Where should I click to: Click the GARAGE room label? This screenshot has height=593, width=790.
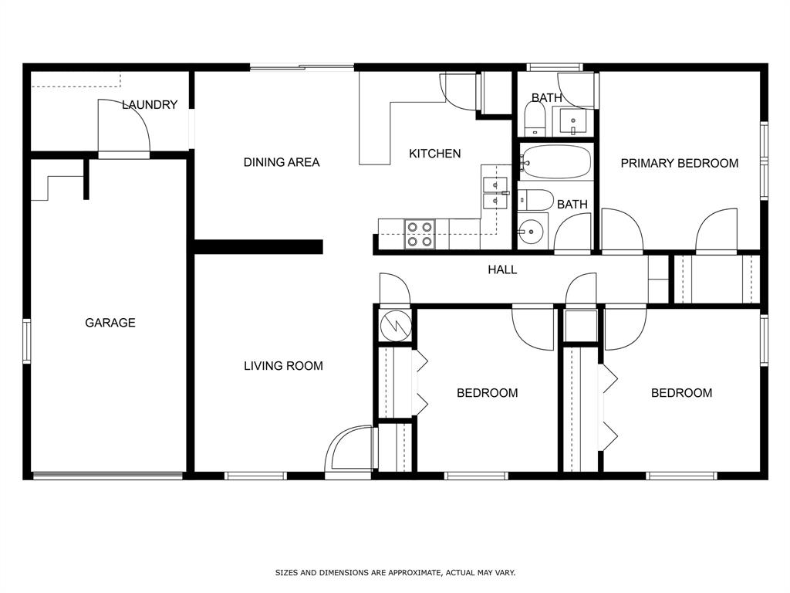110,323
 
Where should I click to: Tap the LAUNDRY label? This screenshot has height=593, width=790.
150,105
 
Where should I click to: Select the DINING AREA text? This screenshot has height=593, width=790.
281,162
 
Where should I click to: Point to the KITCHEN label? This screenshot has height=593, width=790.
434,154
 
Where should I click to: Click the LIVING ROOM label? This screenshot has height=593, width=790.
283,366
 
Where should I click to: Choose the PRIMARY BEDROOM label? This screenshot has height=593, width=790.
679,163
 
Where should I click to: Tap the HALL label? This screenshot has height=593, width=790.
501,269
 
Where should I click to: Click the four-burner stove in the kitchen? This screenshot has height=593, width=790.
420,234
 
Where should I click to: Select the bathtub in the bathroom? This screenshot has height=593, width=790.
556,162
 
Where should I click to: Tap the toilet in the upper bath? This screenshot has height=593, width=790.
535,118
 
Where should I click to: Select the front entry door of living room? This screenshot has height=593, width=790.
349,452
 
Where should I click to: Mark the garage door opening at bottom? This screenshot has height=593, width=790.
108,476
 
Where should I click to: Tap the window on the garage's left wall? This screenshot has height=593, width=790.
27,341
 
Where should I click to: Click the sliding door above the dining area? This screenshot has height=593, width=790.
302,67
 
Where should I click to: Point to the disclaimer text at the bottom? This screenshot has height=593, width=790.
395,573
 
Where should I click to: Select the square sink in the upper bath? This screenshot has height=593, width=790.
572,121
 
